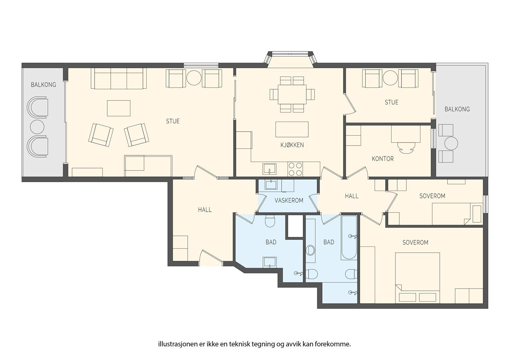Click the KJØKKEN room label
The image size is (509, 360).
[x=292, y=145]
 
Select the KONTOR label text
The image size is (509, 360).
[x=382, y=159]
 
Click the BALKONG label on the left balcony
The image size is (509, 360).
[x=43, y=85]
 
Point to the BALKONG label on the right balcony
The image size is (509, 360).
[x=457, y=109]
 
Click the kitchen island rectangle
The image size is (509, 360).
[x=292, y=129]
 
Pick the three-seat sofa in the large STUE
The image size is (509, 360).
[x=118, y=78]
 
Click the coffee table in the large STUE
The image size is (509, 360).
[x=118, y=108]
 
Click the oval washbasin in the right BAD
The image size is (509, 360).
[x=311, y=250]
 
